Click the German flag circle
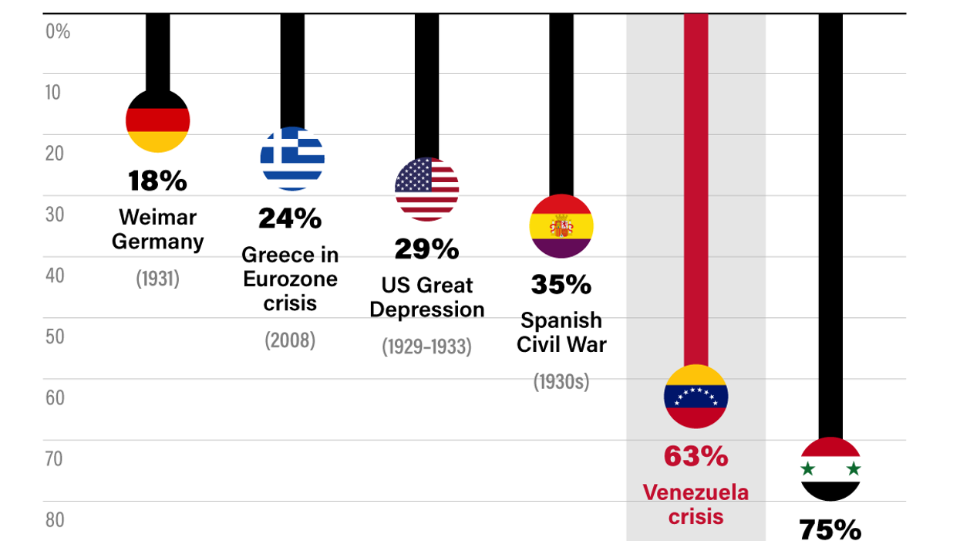pyautogui.click(x=157, y=120)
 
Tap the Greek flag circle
pyautogui.click(x=292, y=158)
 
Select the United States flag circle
pyautogui.click(x=426, y=189)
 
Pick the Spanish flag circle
pyautogui.click(x=561, y=226)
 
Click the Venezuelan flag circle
pyautogui.click(x=696, y=396)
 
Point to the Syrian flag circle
pyautogui.click(x=830, y=468)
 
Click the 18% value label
pyautogui.click(x=157, y=181)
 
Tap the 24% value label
pyautogui.click(x=290, y=218)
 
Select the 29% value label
pyautogui.click(x=426, y=249)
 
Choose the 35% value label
pyautogui.click(x=561, y=284)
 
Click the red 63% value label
pyautogui.click(x=696, y=456)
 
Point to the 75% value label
pyautogui.click(x=830, y=529)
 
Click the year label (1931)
pyautogui.click(x=157, y=278)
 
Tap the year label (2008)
pyautogui.click(x=290, y=340)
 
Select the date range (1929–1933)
pyautogui.click(x=426, y=347)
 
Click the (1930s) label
pyautogui.click(x=561, y=380)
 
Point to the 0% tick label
pyautogui.click(x=58, y=32)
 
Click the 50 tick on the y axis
pyautogui.click(x=55, y=337)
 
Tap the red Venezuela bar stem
pyautogui.click(x=696, y=193)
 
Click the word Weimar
pyautogui.click(x=157, y=217)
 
